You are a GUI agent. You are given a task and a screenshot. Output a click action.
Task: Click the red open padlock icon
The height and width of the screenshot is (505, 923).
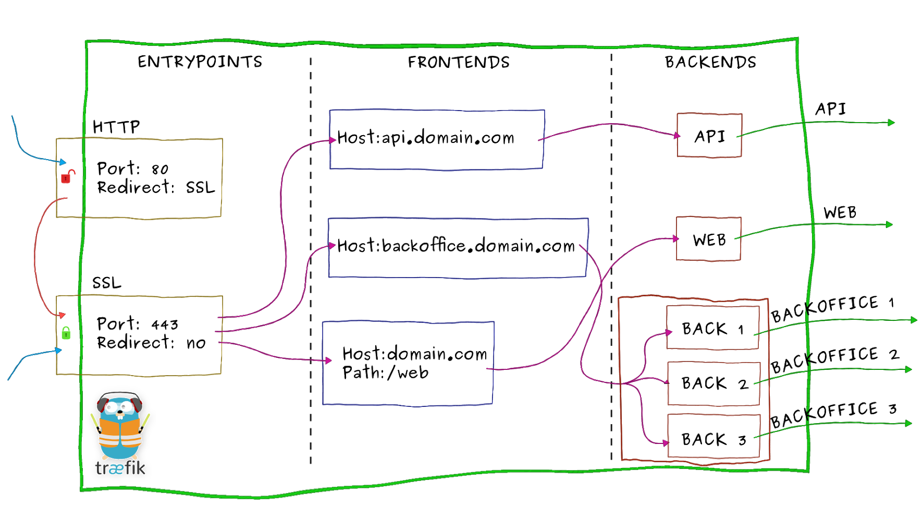point(66,177)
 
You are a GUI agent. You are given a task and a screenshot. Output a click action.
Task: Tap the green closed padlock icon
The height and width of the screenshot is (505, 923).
point(66,333)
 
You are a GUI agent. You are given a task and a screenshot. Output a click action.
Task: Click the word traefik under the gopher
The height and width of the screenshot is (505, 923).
point(120,467)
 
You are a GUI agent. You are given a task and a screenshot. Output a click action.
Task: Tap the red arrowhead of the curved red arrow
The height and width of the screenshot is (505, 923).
point(63,315)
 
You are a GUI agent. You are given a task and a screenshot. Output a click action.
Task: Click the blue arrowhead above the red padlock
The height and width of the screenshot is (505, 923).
point(63,162)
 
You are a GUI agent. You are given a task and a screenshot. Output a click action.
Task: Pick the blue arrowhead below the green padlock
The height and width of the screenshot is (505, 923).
point(59,350)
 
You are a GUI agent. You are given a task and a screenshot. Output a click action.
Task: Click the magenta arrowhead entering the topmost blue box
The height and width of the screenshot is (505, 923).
point(333,140)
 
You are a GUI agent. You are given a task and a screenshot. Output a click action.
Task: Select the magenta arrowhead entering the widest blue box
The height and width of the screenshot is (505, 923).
point(332,245)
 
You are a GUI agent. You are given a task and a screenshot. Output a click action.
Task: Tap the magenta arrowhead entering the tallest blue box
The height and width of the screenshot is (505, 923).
point(328,360)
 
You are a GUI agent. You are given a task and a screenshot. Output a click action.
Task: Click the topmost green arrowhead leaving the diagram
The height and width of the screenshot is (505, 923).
point(891,123)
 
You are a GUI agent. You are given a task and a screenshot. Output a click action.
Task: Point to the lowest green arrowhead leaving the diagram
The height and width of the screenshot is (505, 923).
point(909,423)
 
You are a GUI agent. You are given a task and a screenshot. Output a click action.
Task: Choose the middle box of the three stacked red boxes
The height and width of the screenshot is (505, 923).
point(713,383)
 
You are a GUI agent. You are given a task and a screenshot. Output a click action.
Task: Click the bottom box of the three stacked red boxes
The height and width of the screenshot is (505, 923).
point(713,436)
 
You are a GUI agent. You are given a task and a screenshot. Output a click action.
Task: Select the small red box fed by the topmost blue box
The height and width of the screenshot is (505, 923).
point(709,135)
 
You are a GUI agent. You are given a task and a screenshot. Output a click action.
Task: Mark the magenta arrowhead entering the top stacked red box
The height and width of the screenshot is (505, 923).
point(669,332)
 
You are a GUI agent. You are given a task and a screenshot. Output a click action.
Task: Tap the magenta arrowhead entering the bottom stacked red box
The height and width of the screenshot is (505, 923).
point(666,443)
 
